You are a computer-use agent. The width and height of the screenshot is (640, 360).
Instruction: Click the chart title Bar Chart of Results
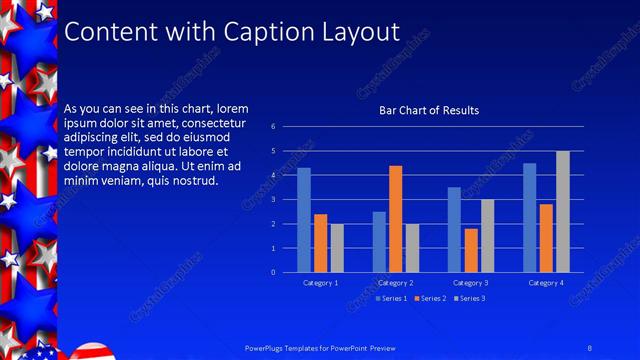[x=428, y=110]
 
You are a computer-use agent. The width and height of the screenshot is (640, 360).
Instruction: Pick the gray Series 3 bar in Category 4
[x=563, y=212]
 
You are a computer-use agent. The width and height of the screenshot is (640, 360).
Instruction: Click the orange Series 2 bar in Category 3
[x=470, y=250]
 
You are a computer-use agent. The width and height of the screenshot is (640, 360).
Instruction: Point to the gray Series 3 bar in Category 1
[x=336, y=248]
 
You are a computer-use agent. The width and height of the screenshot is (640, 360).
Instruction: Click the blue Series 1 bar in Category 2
[x=379, y=242]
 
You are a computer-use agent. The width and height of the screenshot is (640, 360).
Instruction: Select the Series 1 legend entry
[x=391, y=299]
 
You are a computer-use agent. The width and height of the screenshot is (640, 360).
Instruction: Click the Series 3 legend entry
[x=471, y=299]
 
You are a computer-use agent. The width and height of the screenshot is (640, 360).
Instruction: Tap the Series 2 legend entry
[x=431, y=299]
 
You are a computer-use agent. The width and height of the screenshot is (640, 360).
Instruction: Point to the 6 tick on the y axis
[x=273, y=127]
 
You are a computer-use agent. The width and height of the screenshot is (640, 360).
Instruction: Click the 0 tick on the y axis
[x=273, y=272]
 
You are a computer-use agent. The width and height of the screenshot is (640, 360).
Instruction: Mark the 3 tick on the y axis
[x=273, y=200]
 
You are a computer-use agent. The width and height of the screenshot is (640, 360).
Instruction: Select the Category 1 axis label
[x=320, y=283]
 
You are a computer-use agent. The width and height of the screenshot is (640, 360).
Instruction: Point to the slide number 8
[x=590, y=347]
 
